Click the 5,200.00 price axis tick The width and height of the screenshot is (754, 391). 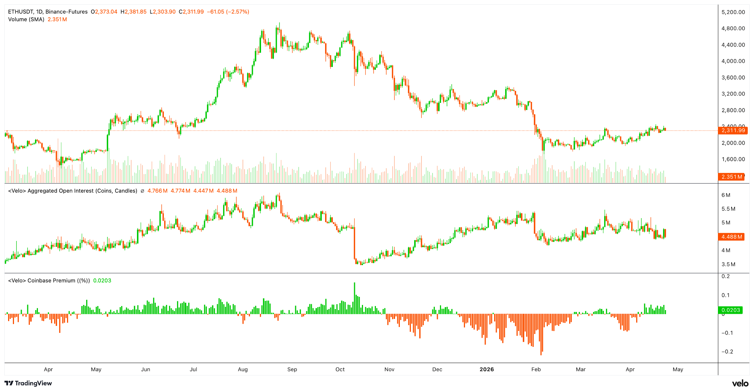tap(733, 12)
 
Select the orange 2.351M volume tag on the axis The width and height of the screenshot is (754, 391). tap(731, 177)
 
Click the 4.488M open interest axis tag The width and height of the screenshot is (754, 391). tap(731, 237)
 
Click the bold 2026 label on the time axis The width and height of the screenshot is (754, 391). tap(487, 369)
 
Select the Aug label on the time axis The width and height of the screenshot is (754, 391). tap(243, 369)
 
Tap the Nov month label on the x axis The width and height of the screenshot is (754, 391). tap(389, 369)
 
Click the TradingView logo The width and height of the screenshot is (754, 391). tap(28, 383)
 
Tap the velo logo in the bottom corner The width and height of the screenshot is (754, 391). tap(740, 383)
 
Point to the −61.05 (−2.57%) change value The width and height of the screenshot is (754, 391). tap(228, 12)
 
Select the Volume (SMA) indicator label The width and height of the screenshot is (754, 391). tap(26, 19)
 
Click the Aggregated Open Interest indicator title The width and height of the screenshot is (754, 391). tap(73, 191)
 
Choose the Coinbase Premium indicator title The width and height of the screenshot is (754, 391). tap(49, 281)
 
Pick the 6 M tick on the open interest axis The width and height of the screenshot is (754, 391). tap(726, 195)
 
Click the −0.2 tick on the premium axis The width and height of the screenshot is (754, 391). tap(727, 352)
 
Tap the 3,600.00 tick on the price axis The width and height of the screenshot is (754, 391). tap(733, 78)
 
